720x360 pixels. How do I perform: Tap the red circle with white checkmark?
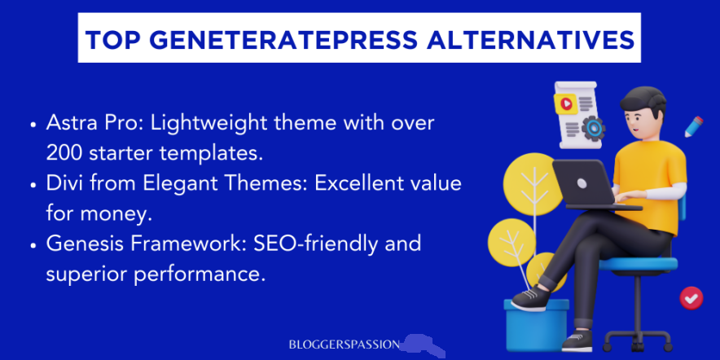click(691, 298)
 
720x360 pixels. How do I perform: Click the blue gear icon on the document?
click(593, 128)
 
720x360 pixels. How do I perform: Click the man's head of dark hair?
click(638, 102)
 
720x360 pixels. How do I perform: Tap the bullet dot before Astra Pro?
click(33, 125)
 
